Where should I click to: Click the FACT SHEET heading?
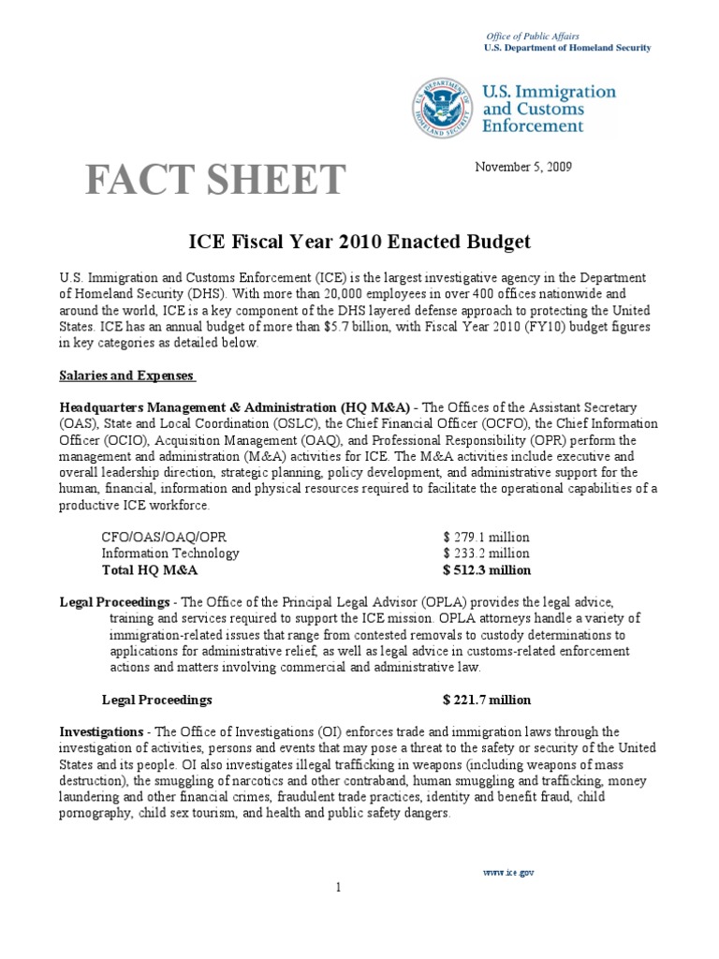(215, 180)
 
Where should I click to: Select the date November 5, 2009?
(523, 168)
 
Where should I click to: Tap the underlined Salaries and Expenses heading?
(127, 376)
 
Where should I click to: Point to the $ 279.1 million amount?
(487, 538)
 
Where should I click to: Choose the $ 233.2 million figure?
(487, 553)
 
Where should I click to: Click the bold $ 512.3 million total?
(487, 569)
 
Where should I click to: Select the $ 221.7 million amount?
(487, 700)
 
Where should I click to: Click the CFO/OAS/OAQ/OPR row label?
(164, 538)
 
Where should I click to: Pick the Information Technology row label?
(170, 553)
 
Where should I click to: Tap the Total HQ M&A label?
(150, 569)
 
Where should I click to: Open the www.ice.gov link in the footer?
(508, 872)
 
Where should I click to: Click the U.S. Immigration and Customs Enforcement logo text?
(549, 108)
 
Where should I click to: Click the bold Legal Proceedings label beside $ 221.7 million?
(156, 700)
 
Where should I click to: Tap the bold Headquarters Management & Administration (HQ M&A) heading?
(235, 407)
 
